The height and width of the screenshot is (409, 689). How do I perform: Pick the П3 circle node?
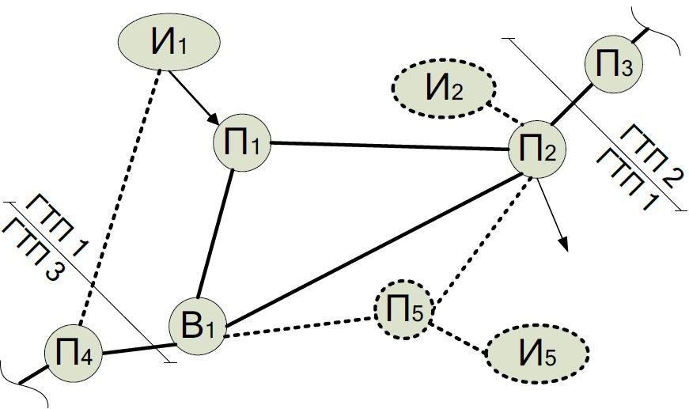point(614,64)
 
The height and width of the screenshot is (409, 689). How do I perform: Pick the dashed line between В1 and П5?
point(301,326)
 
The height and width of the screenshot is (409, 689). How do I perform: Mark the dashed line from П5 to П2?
point(479,237)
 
